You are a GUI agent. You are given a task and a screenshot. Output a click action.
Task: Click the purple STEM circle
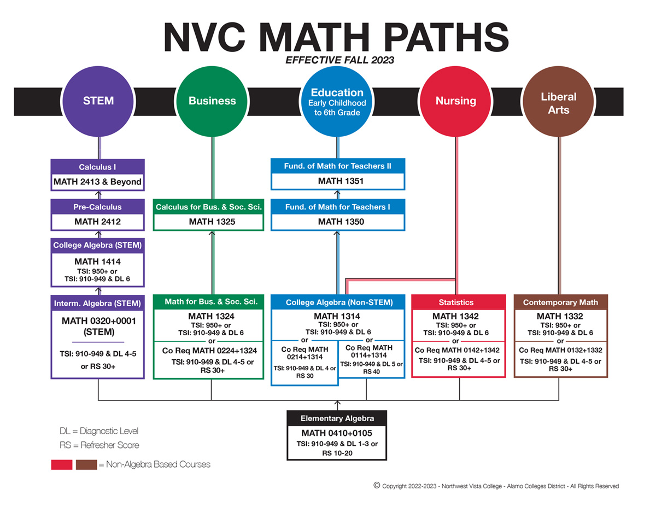click(x=98, y=101)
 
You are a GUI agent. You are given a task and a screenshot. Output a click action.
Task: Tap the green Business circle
click(x=212, y=101)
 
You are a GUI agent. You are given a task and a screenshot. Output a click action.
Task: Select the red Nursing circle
click(x=455, y=101)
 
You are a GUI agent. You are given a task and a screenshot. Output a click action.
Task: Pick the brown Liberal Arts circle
click(x=558, y=103)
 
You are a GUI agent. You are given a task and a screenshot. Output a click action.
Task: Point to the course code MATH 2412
click(x=98, y=222)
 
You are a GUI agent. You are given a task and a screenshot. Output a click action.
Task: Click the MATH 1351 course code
click(x=337, y=181)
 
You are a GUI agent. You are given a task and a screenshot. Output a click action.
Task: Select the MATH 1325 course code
click(x=208, y=222)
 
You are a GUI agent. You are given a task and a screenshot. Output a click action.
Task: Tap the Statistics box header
click(x=456, y=302)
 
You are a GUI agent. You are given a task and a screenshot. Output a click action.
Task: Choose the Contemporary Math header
click(x=560, y=302)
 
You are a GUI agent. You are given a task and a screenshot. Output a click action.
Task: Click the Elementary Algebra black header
click(x=337, y=418)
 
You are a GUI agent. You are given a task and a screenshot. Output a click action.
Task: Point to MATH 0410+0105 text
click(x=337, y=433)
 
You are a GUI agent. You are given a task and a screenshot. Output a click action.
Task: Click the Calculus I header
click(x=98, y=167)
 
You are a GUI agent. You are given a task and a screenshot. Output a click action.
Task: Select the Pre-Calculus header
click(x=98, y=207)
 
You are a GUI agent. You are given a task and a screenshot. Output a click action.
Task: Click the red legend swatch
click(x=62, y=464)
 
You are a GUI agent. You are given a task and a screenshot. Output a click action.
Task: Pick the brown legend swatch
click(x=86, y=464)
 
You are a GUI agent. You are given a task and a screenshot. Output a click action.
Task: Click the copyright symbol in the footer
click(x=377, y=485)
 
